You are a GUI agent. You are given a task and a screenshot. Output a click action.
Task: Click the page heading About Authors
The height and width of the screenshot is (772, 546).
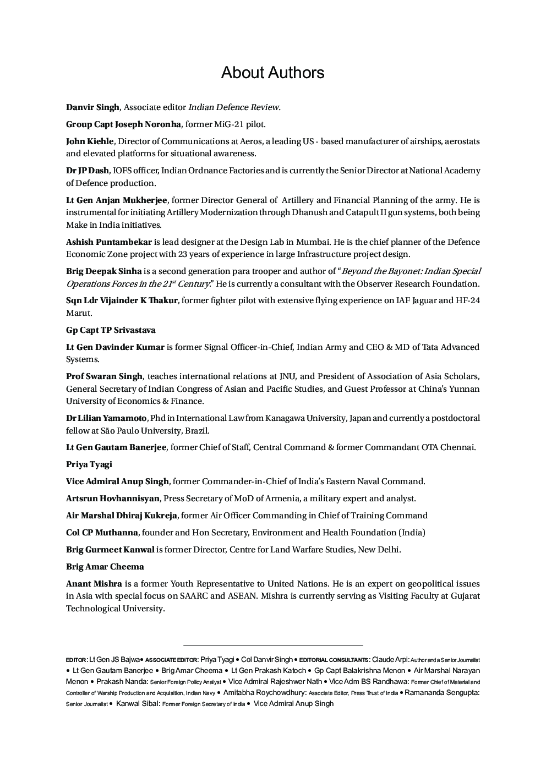point(272,73)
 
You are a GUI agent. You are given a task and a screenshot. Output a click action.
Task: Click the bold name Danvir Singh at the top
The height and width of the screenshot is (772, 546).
point(92,107)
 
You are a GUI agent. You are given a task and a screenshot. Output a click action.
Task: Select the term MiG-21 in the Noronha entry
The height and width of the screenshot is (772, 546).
point(230,124)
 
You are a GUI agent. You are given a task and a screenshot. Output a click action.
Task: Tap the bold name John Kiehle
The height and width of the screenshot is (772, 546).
point(90,141)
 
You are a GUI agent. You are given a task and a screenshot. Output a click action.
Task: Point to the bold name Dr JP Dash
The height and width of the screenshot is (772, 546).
point(88,171)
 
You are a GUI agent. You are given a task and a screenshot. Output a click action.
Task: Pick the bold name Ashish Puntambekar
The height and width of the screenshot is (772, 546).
point(108,242)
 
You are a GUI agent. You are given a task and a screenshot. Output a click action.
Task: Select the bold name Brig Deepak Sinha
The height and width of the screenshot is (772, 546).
point(103,271)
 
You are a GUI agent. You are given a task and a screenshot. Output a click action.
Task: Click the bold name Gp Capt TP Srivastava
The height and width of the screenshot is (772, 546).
point(111,330)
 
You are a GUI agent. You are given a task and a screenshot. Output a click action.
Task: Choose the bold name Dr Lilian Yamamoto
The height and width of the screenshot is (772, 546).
point(106,418)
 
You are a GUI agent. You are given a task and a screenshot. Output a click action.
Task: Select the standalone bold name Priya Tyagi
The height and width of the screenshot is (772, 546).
point(89,464)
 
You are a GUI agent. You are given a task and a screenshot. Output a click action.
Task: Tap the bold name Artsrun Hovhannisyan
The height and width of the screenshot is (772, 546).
point(113,499)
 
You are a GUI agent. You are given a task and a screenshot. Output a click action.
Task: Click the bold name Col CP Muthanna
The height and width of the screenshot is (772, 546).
point(102,533)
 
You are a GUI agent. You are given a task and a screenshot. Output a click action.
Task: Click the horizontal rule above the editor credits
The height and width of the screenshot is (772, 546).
point(273,645)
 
